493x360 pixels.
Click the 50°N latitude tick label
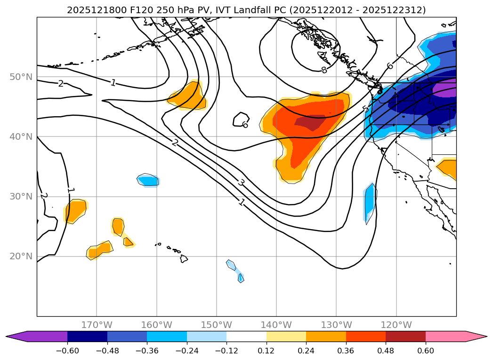21,77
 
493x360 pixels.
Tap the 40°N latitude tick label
21,136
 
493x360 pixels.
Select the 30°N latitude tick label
21,197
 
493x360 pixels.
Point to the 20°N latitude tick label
21,256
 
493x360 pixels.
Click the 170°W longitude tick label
97,325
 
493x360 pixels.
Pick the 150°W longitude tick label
217,325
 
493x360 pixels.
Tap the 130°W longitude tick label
336,325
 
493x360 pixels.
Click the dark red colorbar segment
405,336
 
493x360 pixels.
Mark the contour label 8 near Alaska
323,70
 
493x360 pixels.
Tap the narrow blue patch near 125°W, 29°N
370,202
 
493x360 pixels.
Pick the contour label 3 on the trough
241,183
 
